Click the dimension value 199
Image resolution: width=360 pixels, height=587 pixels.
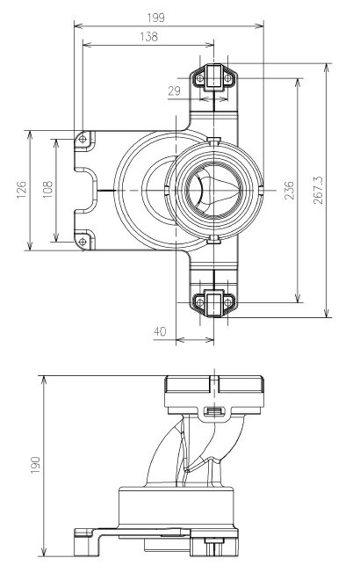[x=155, y=18]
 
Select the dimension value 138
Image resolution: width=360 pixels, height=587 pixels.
[x=148, y=37]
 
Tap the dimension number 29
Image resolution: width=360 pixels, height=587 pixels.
[x=174, y=91]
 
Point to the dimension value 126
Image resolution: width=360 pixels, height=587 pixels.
[x=22, y=190]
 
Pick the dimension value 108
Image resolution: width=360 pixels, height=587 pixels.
[x=47, y=190]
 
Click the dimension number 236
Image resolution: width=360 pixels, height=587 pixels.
[x=289, y=190]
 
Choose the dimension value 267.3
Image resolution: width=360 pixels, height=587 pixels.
[x=318, y=190]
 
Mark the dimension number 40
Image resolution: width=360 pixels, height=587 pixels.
[x=160, y=331]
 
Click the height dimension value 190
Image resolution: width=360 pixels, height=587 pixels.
[x=35, y=465]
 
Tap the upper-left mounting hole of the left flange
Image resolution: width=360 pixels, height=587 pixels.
[x=83, y=140]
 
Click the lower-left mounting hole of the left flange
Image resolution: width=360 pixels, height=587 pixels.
[x=83, y=242]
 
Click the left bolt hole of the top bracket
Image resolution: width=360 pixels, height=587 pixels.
[x=200, y=78]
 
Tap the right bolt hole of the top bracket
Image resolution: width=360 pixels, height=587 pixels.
[x=227, y=78]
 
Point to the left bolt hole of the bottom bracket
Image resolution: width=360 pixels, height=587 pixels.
[x=200, y=301]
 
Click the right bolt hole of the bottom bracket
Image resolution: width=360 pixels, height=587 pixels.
[x=227, y=301]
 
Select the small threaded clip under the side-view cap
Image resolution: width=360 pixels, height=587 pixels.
[x=214, y=412]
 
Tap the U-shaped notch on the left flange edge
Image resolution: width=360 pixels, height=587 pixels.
[x=86, y=191]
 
